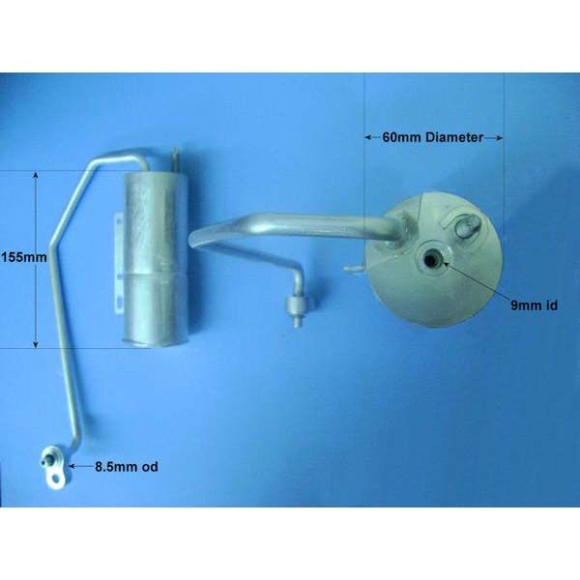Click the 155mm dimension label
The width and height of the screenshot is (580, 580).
[24, 257]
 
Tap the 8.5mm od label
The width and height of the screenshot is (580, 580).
[127, 467]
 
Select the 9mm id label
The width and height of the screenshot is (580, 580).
[534, 305]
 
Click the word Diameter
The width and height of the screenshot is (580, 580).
[454, 137]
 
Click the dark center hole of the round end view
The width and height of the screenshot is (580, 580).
[430, 260]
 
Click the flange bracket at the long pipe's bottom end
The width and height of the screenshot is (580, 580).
[54, 467]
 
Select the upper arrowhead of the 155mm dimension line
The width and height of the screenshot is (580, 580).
[36, 175]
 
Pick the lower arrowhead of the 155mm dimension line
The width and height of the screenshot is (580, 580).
[36, 344]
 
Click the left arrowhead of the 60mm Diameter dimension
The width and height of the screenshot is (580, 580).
[369, 137]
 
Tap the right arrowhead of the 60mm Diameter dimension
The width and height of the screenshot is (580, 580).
[499, 138]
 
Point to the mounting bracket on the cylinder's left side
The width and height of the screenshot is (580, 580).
[119, 263]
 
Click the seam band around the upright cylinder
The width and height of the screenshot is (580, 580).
[155, 275]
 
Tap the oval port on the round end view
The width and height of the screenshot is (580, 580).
[468, 226]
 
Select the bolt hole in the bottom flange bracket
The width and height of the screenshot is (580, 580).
[56, 479]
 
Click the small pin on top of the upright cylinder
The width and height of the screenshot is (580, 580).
[176, 159]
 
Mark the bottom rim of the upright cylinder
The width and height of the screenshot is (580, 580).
[157, 342]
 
